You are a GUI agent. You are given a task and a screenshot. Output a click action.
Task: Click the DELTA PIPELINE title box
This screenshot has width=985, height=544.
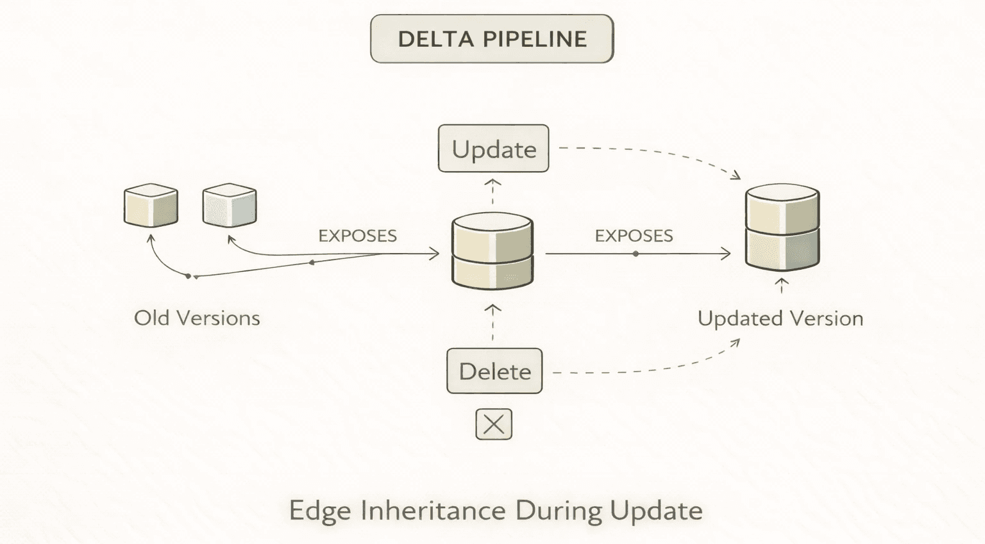click(492, 39)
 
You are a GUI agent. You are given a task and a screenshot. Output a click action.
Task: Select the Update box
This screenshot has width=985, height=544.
click(493, 149)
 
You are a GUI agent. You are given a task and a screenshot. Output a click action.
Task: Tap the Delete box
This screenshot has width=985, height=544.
click(494, 371)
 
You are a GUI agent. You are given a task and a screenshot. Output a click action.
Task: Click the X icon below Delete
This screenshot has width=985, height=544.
click(494, 424)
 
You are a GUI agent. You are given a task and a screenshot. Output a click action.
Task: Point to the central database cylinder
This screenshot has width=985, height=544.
click(492, 251)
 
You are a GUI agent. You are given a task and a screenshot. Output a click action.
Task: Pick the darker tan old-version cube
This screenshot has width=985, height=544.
click(151, 206)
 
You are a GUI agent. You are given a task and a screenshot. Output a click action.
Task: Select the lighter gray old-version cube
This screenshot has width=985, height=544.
click(230, 206)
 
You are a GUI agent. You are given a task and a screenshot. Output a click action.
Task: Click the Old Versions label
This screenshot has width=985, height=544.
click(197, 318)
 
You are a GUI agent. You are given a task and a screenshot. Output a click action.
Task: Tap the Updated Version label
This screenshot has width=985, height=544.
click(780, 318)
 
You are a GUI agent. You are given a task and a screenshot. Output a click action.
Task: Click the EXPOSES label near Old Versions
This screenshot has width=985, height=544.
click(357, 236)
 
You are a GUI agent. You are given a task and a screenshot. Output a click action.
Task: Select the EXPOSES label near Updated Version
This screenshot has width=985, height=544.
click(634, 236)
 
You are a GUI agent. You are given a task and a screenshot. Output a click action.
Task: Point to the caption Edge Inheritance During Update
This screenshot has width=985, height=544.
click(496, 511)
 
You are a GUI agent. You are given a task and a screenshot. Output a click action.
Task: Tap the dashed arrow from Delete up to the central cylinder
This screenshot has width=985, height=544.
click(492, 324)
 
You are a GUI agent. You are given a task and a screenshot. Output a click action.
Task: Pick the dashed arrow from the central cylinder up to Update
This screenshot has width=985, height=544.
click(492, 191)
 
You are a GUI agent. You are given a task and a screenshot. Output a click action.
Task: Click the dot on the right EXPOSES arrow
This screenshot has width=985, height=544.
click(636, 254)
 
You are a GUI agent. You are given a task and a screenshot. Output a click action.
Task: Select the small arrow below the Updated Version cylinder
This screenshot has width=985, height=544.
click(782, 285)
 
